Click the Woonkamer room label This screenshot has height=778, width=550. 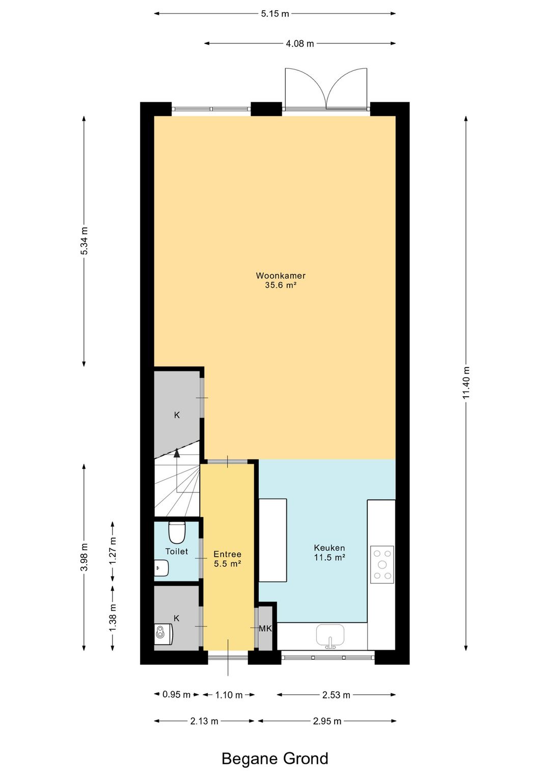click(x=281, y=276)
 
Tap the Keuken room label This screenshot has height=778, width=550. click(x=329, y=548)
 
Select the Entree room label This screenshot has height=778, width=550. click(x=227, y=554)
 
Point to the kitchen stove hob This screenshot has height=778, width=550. click(x=382, y=564)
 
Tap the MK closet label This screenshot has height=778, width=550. click(x=265, y=628)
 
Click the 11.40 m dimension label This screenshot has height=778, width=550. click(x=465, y=383)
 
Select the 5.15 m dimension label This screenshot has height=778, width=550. click(x=275, y=14)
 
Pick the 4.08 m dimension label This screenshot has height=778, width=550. click(x=300, y=44)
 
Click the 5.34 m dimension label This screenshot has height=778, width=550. click(x=84, y=241)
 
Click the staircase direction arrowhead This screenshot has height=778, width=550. click(x=177, y=452)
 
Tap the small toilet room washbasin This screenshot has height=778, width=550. click(x=161, y=568)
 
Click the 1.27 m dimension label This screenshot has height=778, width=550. click(x=113, y=551)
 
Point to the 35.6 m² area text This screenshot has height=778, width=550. click(x=281, y=286)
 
